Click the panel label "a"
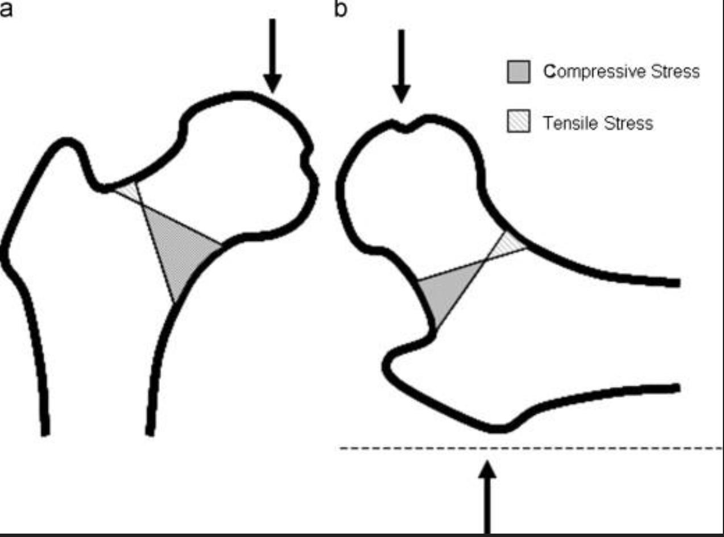[x=5, y=10]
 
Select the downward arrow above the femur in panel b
[x=402, y=66]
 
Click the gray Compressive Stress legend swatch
[x=518, y=72]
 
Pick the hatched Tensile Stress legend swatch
[x=518, y=121]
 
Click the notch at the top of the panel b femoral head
[x=404, y=128]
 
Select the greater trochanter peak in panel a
[x=68, y=142]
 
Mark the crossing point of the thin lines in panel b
[x=484, y=261]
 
